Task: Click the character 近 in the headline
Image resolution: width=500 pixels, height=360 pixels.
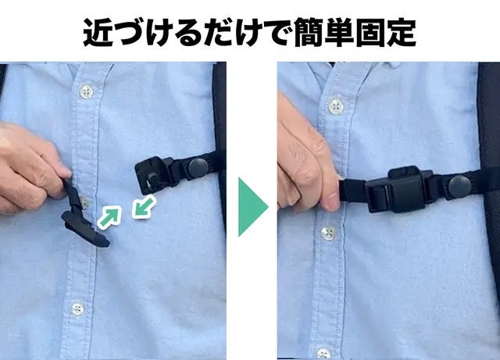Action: [98, 33]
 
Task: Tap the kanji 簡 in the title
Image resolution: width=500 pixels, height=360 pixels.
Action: [308, 33]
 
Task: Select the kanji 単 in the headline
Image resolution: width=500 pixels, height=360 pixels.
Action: [339, 33]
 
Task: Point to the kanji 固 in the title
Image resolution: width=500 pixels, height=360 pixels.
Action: [370, 33]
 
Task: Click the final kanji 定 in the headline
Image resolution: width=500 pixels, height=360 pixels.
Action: [401, 33]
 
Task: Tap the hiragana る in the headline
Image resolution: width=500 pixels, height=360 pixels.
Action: [188, 33]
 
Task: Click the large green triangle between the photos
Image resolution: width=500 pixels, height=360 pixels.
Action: [252, 207]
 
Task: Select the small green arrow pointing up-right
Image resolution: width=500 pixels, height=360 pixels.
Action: [109, 218]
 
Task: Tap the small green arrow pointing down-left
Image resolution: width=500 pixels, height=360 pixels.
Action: [144, 207]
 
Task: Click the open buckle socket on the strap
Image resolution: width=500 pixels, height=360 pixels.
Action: [155, 174]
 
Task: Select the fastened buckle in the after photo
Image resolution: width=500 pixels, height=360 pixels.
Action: [398, 190]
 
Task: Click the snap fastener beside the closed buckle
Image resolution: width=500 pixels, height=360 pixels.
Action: [459, 186]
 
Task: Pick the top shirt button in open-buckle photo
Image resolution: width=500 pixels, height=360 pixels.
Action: [86, 92]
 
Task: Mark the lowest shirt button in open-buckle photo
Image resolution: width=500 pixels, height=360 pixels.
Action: [77, 309]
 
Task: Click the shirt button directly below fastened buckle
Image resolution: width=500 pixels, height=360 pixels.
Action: [328, 233]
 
